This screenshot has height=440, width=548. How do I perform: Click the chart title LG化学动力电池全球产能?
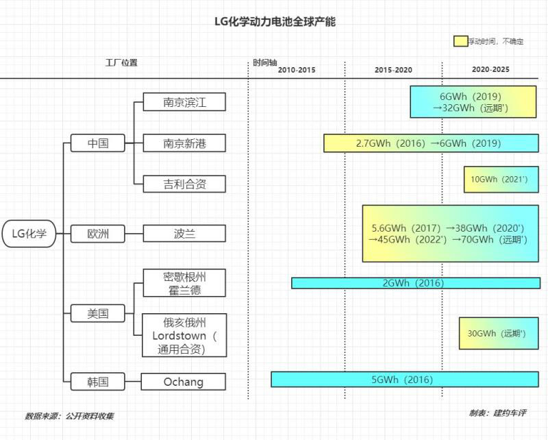click(275, 22)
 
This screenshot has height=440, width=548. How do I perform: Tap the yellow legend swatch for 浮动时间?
click(460, 41)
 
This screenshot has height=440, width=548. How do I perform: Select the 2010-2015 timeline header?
click(297, 70)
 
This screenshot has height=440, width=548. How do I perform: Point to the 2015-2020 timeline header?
click(393, 70)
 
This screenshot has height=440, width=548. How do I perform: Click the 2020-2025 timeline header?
click(490, 70)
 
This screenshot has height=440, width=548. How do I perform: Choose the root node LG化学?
click(29, 234)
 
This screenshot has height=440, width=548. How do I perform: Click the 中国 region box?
click(98, 143)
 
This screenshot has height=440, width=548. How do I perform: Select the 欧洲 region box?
click(98, 234)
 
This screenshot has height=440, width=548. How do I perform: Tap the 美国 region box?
click(98, 314)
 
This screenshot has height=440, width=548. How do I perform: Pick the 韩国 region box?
click(98, 382)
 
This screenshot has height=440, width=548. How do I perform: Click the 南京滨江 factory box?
click(184, 102)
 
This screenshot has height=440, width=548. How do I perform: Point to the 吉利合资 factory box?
click(184, 184)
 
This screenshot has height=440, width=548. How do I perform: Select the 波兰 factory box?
click(184, 234)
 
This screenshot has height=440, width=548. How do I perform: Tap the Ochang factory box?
click(183, 382)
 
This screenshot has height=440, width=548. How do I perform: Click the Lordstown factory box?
click(184, 335)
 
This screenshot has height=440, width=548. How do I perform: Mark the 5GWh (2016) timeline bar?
click(405, 380)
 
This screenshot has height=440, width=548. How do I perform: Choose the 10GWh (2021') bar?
click(501, 180)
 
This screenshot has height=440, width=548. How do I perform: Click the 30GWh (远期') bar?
click(498, 334)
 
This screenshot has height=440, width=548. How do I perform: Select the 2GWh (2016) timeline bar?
click(415, 283)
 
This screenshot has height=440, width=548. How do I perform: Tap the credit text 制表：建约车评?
click(497, 413)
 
